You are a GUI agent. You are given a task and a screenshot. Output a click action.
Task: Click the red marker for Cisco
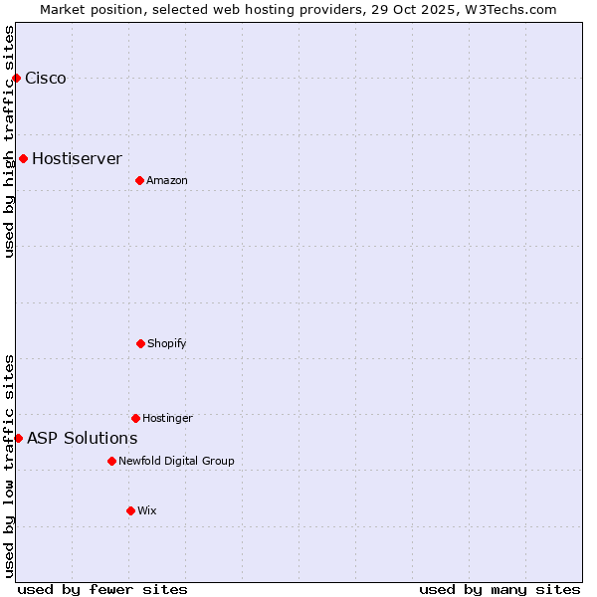click(x=16, y=78)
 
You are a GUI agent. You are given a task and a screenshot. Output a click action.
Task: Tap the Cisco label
click(x=46, y=79)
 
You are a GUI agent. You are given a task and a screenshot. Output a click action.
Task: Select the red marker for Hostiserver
click(x=23, y=158)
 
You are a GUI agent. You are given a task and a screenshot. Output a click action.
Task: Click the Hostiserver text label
click(x=77, y=158)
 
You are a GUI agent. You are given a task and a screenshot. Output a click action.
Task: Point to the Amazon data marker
click(x=139, y=180)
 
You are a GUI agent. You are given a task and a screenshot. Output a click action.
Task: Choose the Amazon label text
click(x=167, y=180)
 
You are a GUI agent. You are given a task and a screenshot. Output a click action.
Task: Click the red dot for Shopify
click(x=140, y=343)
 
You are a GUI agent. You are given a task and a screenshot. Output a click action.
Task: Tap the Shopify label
click(x=167, y=343)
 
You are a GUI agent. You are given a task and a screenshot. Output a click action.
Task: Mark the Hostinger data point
click(x=135, y=418)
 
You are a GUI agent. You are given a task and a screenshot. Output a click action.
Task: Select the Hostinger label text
click(x=167, y=418)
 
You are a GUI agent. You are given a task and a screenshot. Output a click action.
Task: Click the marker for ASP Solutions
click(x=18, y=438)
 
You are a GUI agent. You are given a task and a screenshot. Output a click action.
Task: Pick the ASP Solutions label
click(x=82, y=438)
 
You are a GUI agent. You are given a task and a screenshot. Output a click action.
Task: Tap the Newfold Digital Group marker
click(x=111, y=461)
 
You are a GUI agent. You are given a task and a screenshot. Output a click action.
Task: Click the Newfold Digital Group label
click(x=176, y=461)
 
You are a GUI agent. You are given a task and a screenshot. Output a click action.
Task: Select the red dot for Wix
click(x=130, y=510)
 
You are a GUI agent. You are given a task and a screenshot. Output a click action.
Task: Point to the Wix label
click(x=147, y=510)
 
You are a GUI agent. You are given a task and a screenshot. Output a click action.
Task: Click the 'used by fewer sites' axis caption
click(x=102, y=589)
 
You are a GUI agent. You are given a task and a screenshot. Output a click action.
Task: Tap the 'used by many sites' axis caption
click(x=499, y=589)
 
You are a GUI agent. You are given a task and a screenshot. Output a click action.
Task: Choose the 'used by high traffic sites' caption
click(x=9, y=141)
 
